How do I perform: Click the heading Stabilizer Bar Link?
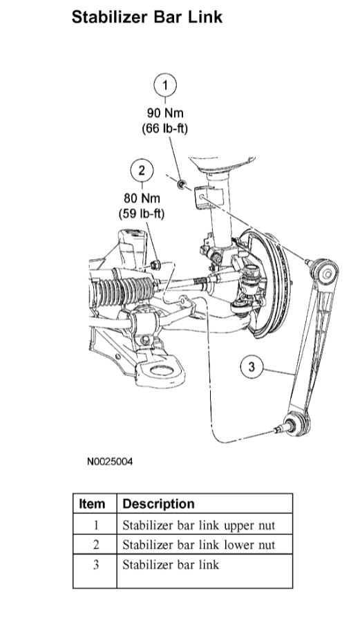pos(146,17)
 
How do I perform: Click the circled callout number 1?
pos(164,86)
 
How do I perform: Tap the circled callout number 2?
pos(141,170)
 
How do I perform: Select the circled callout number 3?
pos(252,367)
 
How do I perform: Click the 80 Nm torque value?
pos(141,198)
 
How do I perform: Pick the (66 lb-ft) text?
pos(164,129)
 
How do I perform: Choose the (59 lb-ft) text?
pos(141,214)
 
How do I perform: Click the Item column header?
pos(93,504)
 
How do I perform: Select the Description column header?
pos(158,504)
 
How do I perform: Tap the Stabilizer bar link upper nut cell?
pos(198,525)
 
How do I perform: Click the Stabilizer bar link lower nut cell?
pos(198,545)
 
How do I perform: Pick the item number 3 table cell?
pos(95,565)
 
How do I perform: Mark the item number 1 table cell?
pos(95,525)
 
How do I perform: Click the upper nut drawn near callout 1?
pos(182,184)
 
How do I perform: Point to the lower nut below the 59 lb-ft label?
pos(157,263)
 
